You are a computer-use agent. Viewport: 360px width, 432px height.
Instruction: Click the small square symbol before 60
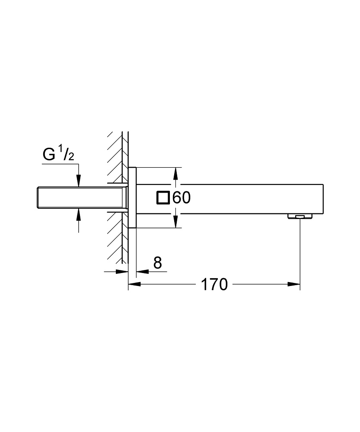[163, 198]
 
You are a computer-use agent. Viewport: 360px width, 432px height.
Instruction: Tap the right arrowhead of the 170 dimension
[295, 284]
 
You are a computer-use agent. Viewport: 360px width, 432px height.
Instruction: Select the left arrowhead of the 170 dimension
[134, 284]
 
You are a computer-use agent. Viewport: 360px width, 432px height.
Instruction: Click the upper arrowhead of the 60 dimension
[175, 173]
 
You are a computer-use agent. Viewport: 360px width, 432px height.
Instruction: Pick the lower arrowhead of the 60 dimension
[175, 222]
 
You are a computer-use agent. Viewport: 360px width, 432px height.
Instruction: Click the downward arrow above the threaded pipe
[78, 182]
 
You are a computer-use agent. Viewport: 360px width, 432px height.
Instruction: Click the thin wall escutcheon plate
[132, 197]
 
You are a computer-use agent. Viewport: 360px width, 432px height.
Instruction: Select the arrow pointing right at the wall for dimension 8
[123, 272]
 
